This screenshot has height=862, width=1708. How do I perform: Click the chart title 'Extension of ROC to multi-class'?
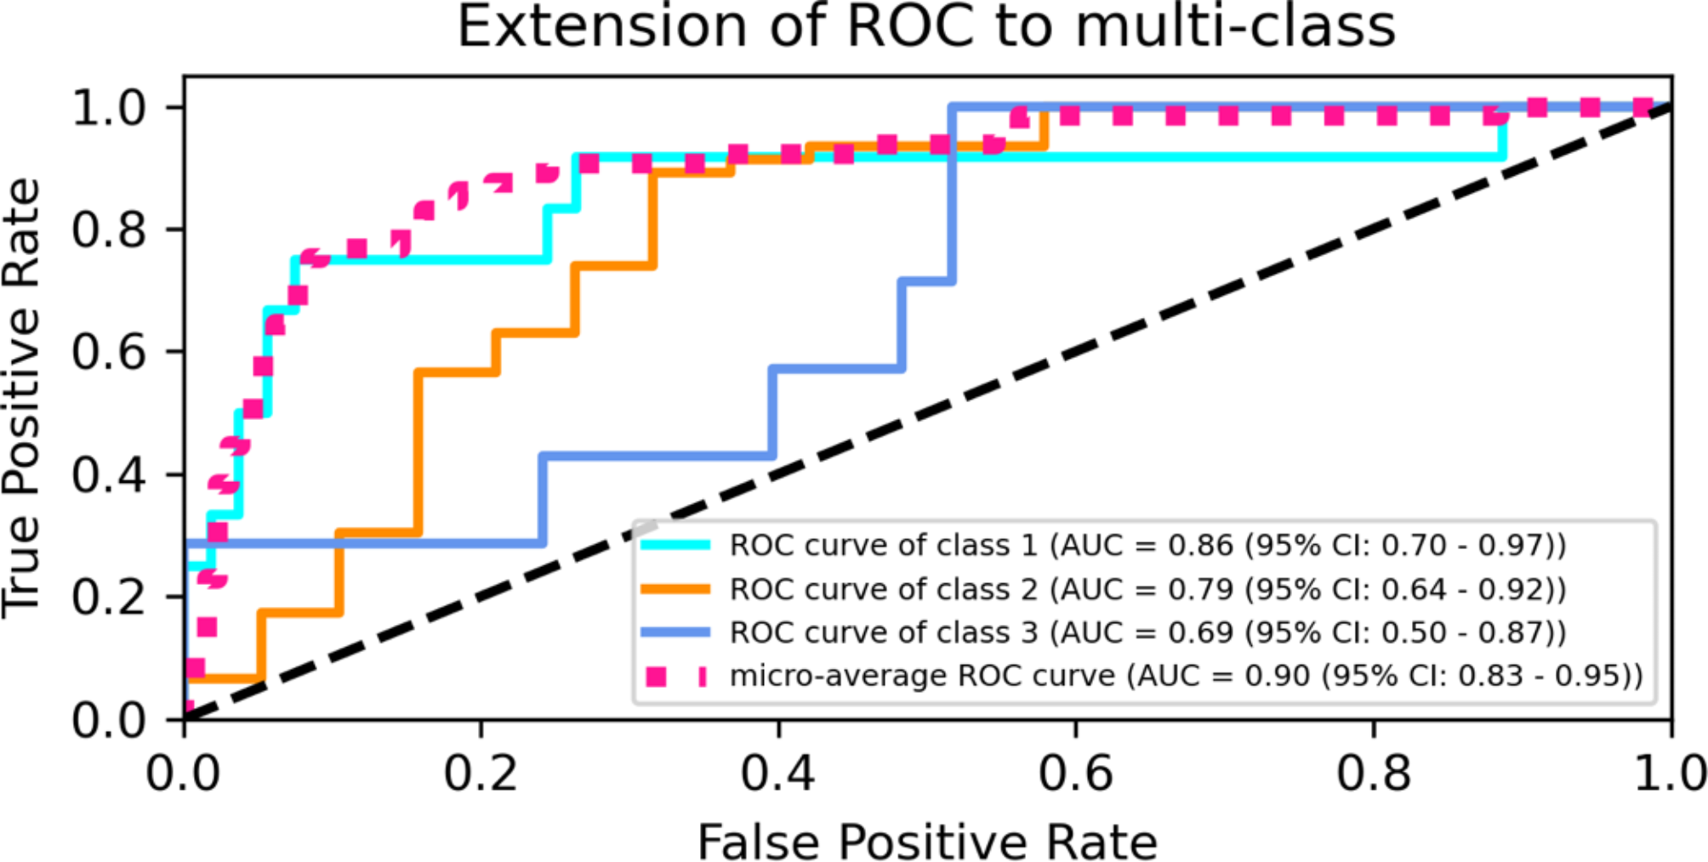point(926,27)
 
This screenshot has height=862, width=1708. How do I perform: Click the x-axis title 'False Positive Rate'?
point(926,842)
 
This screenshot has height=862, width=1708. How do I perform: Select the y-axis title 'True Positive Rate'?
point(23,398)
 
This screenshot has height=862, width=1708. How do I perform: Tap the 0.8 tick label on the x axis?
point(1373,773)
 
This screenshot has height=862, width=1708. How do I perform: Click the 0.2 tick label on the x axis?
point(481,773)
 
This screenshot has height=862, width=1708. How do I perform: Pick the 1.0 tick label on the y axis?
point(110,108)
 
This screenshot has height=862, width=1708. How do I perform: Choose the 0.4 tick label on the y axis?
point(110,474)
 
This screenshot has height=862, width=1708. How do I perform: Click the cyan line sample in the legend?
point(675,545)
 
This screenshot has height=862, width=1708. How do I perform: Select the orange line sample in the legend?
point(675,589)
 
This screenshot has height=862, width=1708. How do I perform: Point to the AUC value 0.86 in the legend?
point(1200,545)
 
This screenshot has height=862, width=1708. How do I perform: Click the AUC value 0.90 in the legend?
point(1277,677)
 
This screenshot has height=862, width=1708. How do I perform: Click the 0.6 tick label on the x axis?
point(1075,773)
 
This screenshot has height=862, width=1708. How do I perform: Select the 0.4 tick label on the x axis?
point(777,773)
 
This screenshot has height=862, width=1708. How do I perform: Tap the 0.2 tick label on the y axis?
point(110,598)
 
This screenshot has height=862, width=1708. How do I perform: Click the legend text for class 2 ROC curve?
point(1147,589)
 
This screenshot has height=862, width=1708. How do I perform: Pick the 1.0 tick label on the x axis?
point(1669,773)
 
